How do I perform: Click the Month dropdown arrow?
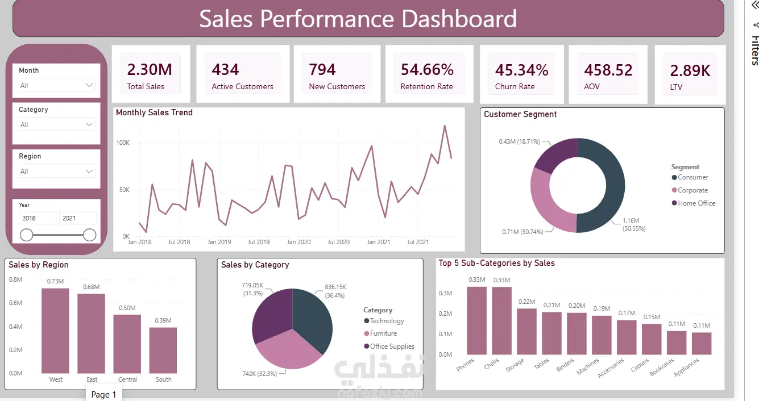[x=89, y=85]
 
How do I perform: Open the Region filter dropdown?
[x=56, y=171]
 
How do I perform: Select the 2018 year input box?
[x=38, y=218]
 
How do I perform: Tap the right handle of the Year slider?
[x=89, y=235]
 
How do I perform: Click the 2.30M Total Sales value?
[x=150, y=70]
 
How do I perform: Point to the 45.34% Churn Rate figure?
[x=521, y=70]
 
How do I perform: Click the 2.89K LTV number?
[x=690, y=71]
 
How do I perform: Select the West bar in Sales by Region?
[x=55, y=331]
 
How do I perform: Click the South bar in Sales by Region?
[x=163, y=350]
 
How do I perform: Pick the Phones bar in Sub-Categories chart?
[x=476, y=320]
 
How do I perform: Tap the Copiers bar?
[x=652, y=339]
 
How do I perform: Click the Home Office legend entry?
[x=693, y=203]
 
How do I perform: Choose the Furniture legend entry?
[x=380, y=333]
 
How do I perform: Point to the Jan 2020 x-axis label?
[x=298, y=242]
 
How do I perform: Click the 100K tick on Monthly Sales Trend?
[x=123, y=143]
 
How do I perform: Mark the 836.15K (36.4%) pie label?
[x=335, y=291]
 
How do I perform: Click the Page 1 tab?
[x=103, y=395]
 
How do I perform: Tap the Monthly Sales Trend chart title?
[x=154, y=112]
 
